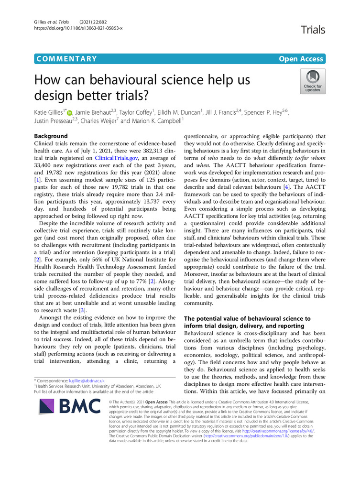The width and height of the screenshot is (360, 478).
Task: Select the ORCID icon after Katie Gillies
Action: (x=70, y=113)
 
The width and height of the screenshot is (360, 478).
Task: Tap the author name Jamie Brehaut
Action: (x=94, y=113)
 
